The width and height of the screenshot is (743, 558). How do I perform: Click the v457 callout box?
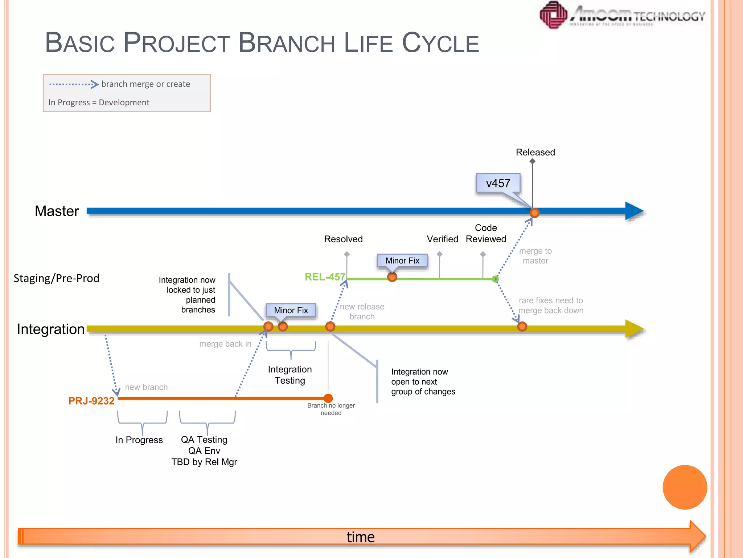pos(498,183)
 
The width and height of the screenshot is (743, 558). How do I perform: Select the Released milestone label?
pos(535,152)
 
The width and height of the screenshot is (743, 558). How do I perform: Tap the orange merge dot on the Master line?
pos(534,213)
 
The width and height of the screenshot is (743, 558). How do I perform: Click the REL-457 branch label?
pos(325,277)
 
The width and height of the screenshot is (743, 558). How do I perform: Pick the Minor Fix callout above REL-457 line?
pos(402,261)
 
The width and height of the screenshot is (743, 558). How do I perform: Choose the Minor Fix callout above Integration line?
pos(291,311)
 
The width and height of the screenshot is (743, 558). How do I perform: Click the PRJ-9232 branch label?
pos(91,401)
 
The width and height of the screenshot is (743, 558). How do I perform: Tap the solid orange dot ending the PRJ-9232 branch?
pos(328,399)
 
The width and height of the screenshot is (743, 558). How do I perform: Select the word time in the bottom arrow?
pos(360,537)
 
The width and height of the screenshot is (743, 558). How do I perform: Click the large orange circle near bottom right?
pos(685,487)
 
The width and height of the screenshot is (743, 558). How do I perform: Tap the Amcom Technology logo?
pos(622,15)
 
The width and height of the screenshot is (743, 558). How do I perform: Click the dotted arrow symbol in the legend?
pos(74,84)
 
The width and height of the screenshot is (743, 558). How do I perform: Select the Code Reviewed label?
pos(486,234)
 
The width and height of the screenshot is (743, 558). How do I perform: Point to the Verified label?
pos(442,239)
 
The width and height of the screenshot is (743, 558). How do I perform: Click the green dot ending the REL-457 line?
pos(495,279)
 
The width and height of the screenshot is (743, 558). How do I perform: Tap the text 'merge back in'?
pos(225,344)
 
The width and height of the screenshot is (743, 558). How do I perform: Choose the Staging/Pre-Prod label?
pos(56,278)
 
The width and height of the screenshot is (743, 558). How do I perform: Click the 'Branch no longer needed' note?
pos(331,409)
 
